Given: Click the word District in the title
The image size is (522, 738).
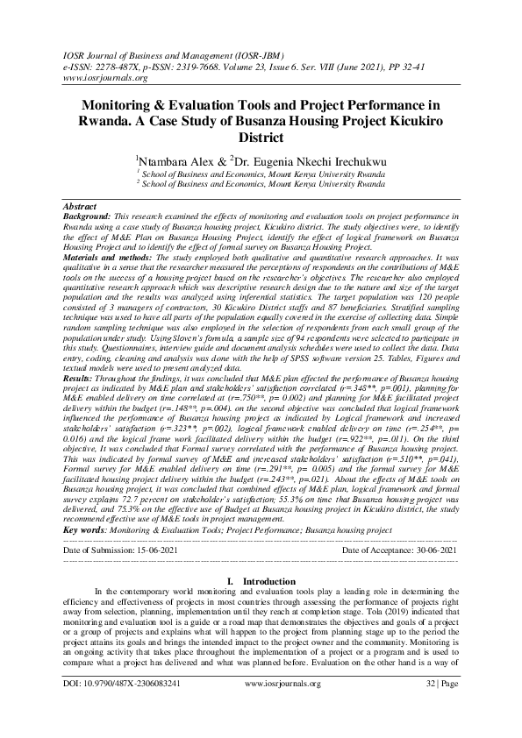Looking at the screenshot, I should point(261,138).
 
